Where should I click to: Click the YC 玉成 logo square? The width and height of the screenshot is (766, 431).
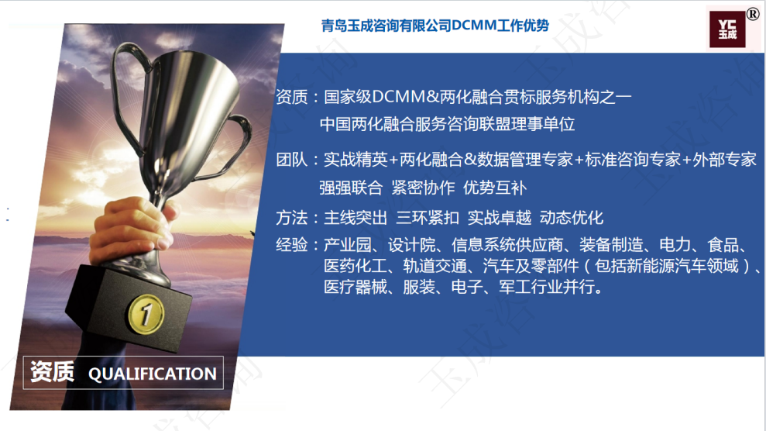click(x=727, y=29)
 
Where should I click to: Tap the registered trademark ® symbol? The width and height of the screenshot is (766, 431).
click(x=753, y=15)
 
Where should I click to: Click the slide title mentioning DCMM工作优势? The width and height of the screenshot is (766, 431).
click(x=435, y=26)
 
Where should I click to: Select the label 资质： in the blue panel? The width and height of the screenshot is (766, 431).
click(x=297, y=97)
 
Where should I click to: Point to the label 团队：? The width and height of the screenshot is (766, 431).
click(x=297, y=160)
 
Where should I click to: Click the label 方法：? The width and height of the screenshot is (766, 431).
click(x=297, y=218)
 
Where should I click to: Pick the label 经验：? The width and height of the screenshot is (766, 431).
click(x=297, y=244)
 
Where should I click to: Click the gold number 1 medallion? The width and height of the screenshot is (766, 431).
click(x=146, y=314)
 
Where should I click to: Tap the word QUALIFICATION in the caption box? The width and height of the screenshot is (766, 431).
click(x=153, y=374)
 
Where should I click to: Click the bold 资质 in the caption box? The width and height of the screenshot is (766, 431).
click(x=52, y=372)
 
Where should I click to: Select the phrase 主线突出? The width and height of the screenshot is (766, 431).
click(x=356, y=218)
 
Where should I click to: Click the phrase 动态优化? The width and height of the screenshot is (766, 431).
click(x=571, y=218)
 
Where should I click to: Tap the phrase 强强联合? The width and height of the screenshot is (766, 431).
click(x=351, y=188)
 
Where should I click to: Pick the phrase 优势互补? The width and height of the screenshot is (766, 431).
click(x=494, y=188)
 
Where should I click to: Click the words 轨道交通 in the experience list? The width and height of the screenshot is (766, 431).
click(x=435, y=266)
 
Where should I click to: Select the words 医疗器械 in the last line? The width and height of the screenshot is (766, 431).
click(x=356, y=287)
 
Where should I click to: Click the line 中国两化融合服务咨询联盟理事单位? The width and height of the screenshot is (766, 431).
click(x=447, y=124)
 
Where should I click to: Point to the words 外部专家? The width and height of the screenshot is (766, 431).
click(x=724, y=160)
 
